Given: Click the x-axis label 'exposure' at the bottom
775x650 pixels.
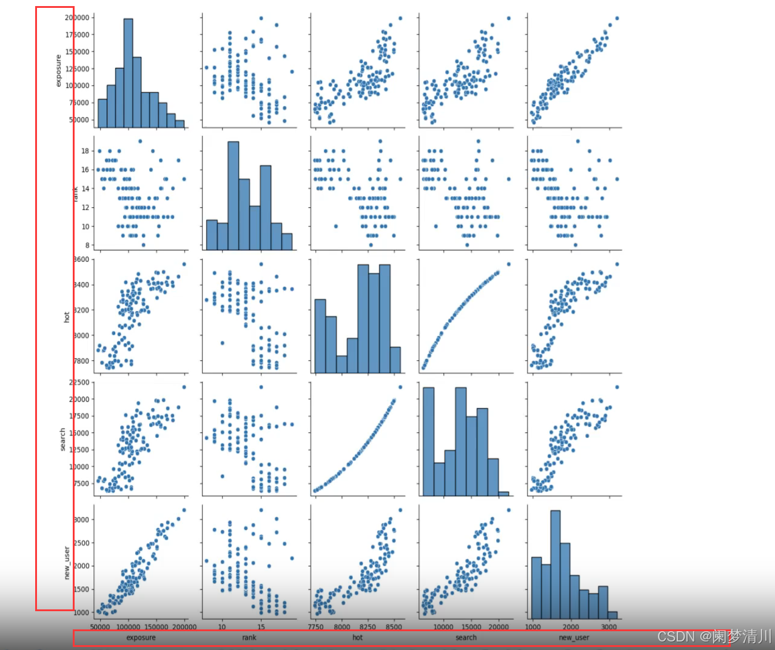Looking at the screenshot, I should click(141, 637).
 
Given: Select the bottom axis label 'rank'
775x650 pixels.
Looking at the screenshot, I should click(249, 637).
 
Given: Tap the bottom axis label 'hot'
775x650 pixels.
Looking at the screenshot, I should click(357, 637).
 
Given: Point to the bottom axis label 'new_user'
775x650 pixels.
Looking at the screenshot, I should click(574, 637).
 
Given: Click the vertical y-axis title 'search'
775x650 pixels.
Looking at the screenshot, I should click(62, 439).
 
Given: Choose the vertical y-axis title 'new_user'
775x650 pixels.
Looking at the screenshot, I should click(67, 563).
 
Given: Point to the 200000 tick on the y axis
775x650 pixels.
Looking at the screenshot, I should click(78, 18).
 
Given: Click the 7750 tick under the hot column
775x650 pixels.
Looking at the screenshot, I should click(316, 627).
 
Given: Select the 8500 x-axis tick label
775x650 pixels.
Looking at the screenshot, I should click(394, 627).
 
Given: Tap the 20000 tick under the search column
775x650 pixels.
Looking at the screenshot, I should click(498, 627).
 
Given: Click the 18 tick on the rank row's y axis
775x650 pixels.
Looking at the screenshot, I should click(86, 151).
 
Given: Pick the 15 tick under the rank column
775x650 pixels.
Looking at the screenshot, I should click(261, 627).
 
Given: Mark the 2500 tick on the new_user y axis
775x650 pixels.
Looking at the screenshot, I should click(82, 543).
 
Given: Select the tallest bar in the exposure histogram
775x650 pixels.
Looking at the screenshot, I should click(128, 73).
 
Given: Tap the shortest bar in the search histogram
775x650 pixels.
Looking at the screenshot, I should click(503, 494).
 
